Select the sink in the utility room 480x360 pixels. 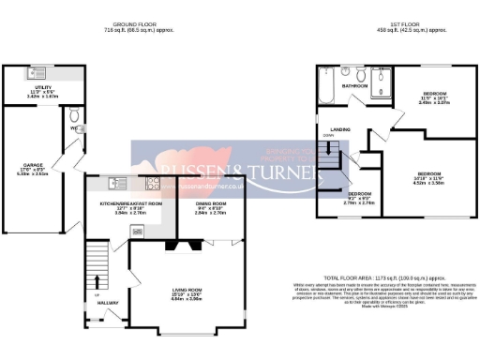point(41,72)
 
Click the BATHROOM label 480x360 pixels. point(353,86)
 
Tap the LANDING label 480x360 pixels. point(328,129)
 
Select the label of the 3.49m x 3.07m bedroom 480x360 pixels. point(434,95)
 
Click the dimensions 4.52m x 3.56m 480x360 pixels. point(430,183)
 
